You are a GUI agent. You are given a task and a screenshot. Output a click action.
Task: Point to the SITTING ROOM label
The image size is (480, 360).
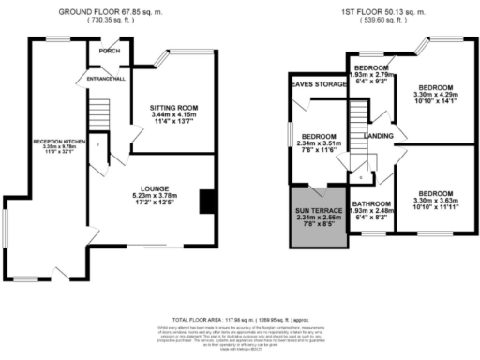pyautogui.click(x=175, y=108)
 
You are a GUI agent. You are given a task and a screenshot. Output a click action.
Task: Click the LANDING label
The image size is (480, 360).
pyautogui.click(x=380, y=138)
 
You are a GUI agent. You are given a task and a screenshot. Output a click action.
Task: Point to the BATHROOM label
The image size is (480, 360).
pyautogui.click(x=372, y=202)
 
